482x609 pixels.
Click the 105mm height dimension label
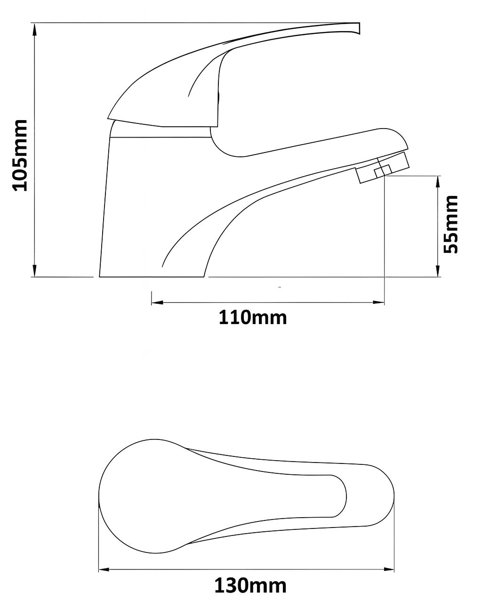[x=19, y=155]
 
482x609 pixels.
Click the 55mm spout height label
[x=450, y=224]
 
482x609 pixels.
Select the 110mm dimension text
[x=253, y=317]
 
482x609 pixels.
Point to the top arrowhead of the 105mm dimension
[x=34, y=29]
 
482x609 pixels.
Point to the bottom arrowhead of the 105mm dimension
[x=34, y=270]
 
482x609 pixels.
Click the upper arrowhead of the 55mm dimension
[x=438, y=182]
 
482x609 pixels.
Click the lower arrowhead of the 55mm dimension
[x=438, y=271]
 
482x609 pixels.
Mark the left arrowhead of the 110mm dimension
[x=157, y=303]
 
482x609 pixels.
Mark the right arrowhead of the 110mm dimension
[x=378, y=303]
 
